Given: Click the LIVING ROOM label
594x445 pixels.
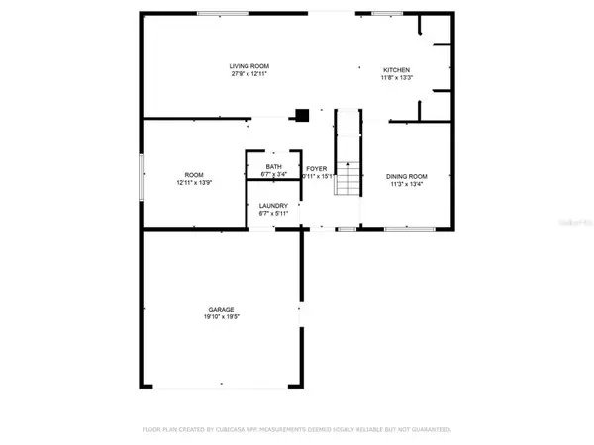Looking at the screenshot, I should coord(249,65).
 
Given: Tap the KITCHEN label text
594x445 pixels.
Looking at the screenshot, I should coord(397,70).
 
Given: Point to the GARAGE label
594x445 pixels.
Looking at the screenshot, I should coord(221,310).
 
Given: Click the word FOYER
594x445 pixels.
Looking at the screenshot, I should coord(316,168).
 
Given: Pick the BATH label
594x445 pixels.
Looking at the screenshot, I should coord(273,167).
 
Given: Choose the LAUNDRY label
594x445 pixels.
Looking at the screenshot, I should coord(273,206).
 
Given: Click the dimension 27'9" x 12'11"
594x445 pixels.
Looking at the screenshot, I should coord(249,73).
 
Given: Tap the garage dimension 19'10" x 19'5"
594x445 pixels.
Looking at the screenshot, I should coord(221,317).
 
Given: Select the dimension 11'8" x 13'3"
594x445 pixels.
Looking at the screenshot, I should coord(397,78).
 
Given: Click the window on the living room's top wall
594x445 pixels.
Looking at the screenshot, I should coord(223,12).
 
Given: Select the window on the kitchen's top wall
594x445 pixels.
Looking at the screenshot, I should coord(386,12).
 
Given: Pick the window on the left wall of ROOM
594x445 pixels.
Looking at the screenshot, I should coord(141,174).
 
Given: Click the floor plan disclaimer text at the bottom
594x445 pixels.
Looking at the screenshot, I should coord(296,431).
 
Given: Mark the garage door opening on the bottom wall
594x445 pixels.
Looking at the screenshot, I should coord(223,384).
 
